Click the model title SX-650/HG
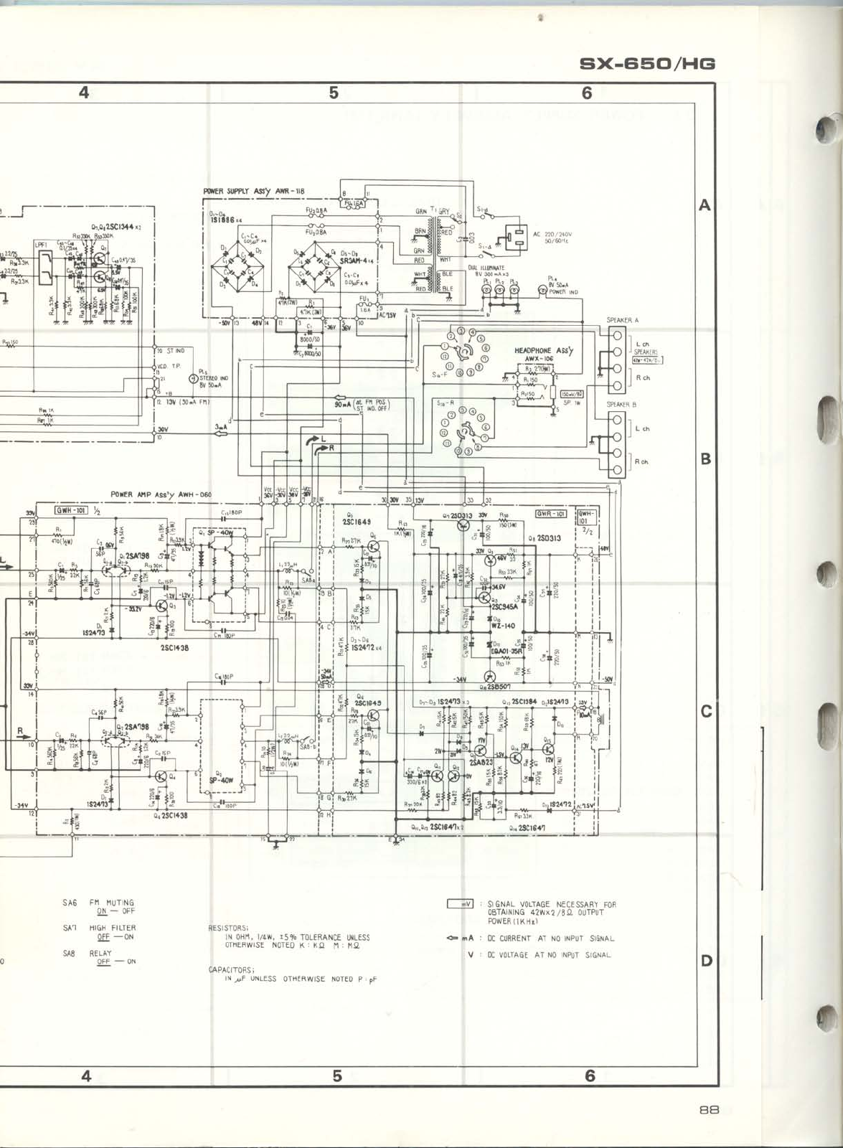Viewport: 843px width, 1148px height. click(x=647, y=64)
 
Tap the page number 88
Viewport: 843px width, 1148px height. click(x=709, y=1109)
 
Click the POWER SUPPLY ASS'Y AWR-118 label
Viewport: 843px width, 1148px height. click(x=253, y=192)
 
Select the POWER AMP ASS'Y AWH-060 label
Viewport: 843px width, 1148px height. click(x=161, y=494)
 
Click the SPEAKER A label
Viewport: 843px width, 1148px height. click(x=622, y=320)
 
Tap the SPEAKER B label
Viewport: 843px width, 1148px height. click(x=621, y=405)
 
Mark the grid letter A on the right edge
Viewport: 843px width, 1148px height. click(x=705, y=205)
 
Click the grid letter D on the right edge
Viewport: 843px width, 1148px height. click(x=706, y=960)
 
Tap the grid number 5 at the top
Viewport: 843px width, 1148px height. click(x=334, y=93)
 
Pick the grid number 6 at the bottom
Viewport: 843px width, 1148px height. click(x=590, y=1075)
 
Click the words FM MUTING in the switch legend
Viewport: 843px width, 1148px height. click(x=111, y=903)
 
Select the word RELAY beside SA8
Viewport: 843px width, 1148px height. click(x=100, y=953)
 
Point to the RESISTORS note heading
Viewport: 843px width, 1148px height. click(x=228, y=928)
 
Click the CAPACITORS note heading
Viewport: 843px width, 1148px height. click(x=230, y=970)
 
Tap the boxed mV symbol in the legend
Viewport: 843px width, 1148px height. click(x=460, y=903)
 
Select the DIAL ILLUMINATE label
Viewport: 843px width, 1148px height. click(x=486, y=268)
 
